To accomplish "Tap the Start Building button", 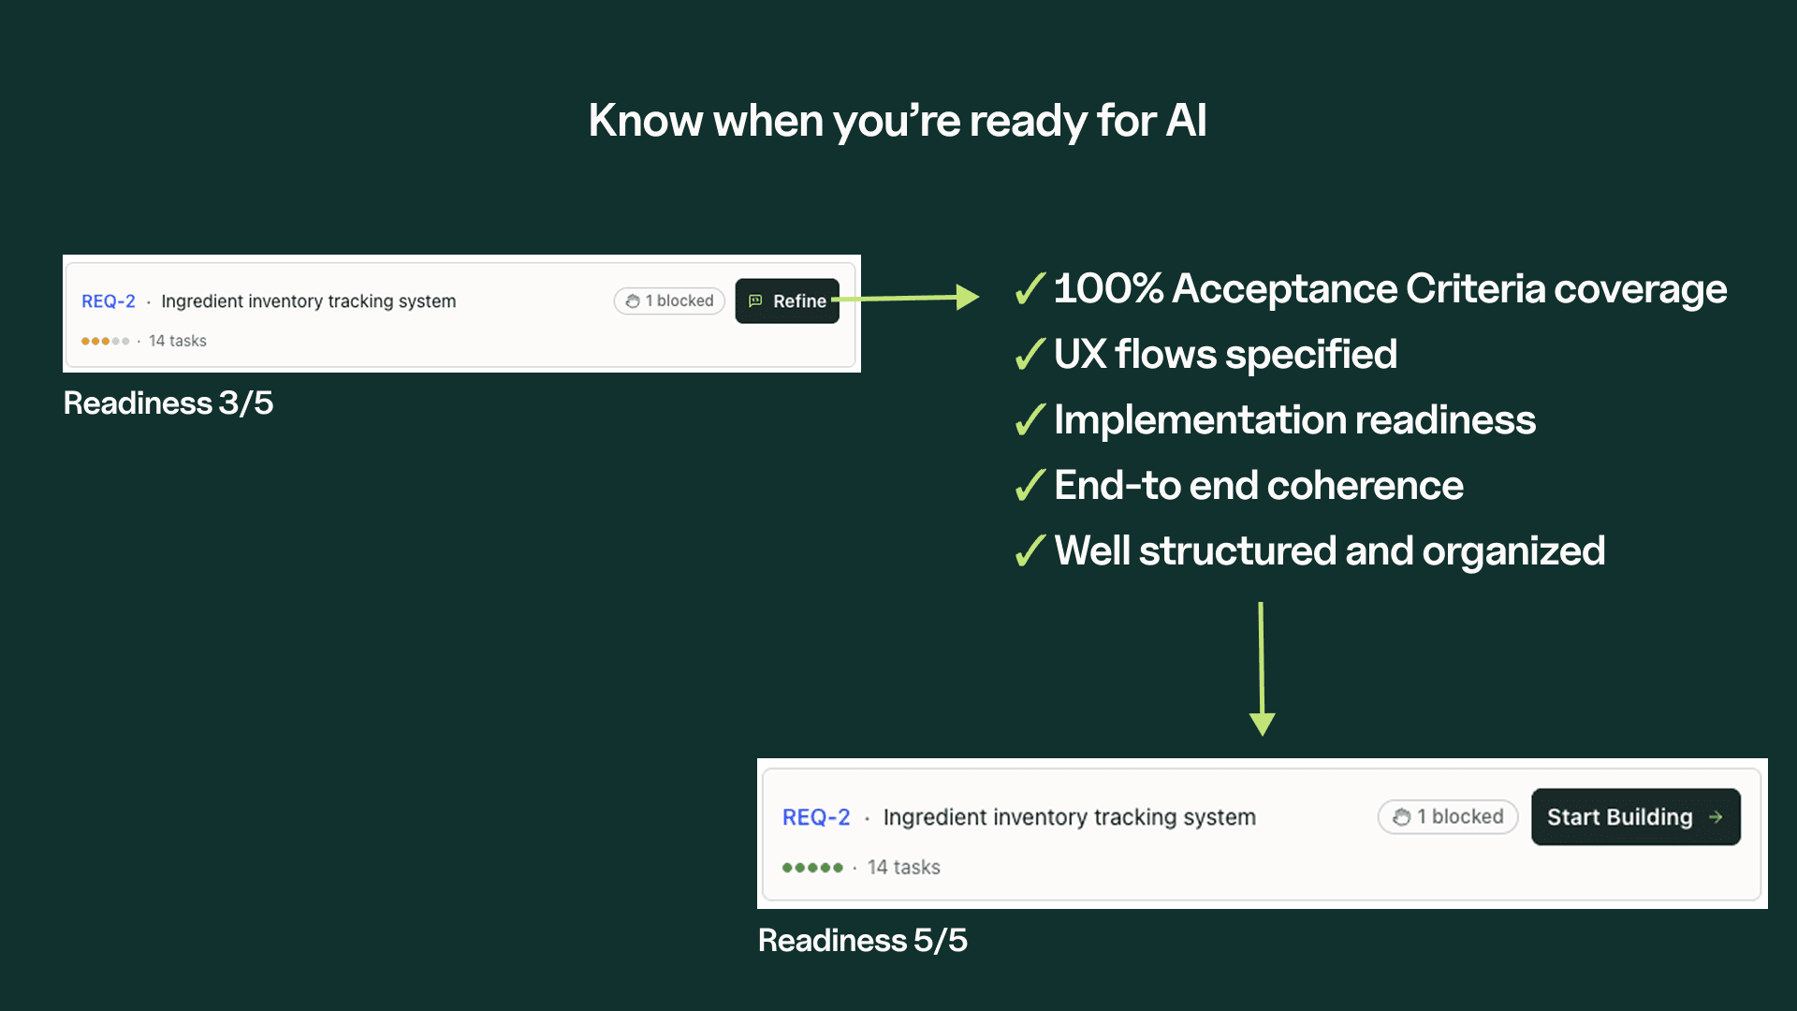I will (x=1635, y=817).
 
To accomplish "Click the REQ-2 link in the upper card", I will (x=109, y=301).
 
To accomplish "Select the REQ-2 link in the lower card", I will (x=816, y=817).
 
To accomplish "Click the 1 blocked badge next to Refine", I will (x=669, y=301).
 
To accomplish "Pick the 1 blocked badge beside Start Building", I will (x=1448, y=817).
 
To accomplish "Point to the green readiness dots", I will (x=812, y=868).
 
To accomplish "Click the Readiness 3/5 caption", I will (x=168, y=403).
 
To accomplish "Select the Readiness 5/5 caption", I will (x=862, y=941).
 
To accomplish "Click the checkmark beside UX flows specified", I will (x=1030, y=356).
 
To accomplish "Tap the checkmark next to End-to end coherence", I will (x=1030, y=487).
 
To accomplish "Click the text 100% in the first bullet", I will (x=1108, y=289).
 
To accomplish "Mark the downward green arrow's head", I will (x=1263, y=724).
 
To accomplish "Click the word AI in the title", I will (x=1186, y=121).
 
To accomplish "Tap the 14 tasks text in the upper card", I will (x=178, y=342).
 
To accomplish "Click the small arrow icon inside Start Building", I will (x=1716, y=817).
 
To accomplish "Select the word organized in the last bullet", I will (x=1513, y=551).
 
